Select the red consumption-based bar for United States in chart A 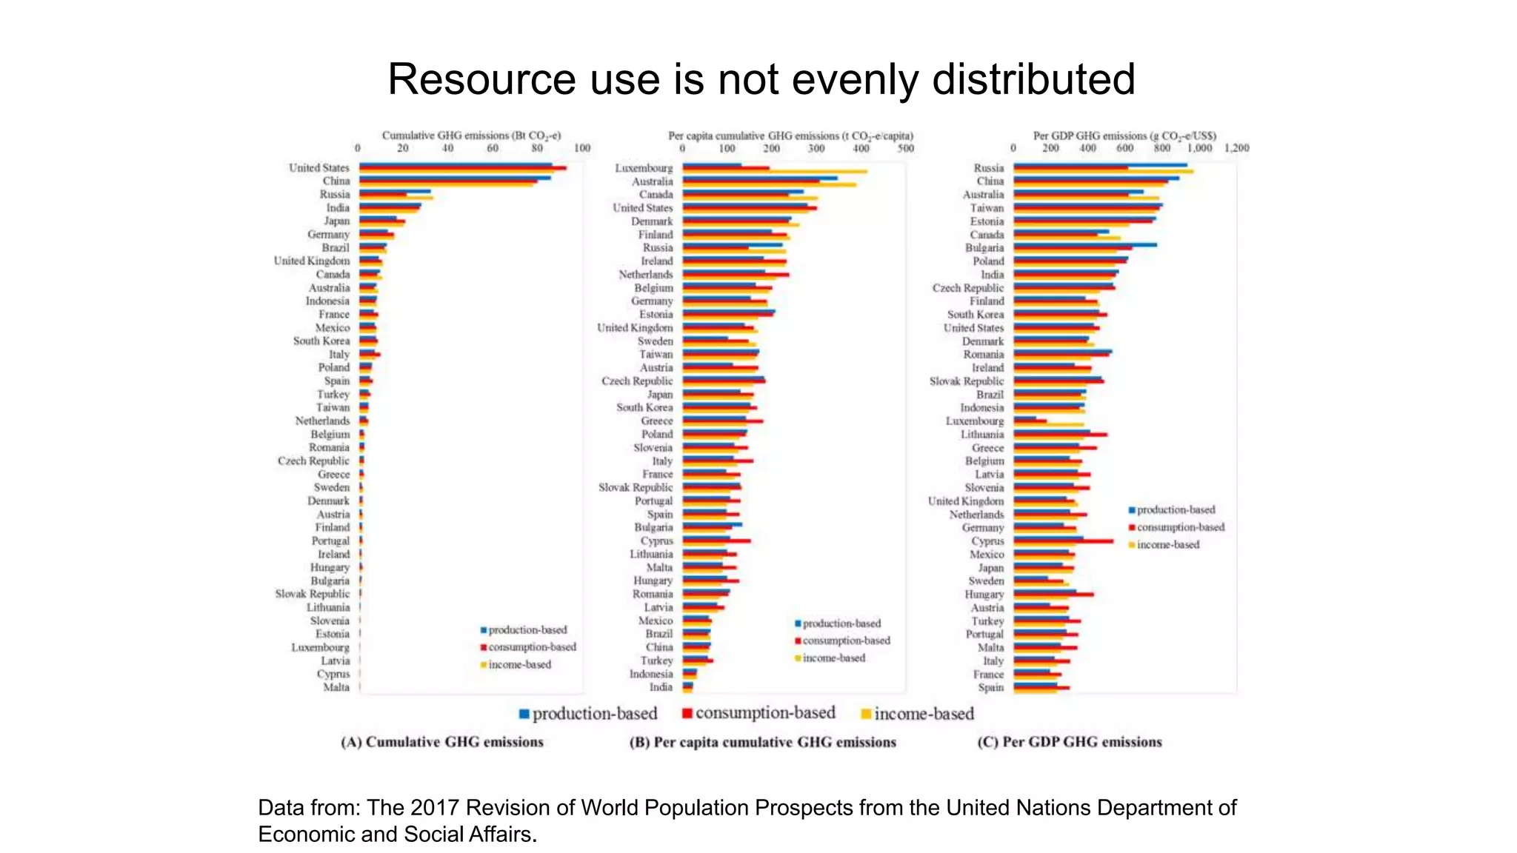pyautogui.click(x=463, y=168)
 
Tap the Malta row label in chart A pyautogui.click(x=336, y=687)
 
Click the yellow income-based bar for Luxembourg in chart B pyautogui.click(x=774, y=172)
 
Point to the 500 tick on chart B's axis pyautogui.click(x=905, y=148)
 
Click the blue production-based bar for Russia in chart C pyautogui.click(x=1100, y=164)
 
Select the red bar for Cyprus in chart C pyautogui.click(x=1064, y=541)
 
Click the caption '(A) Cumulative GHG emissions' pyautogui.click(x=442, y=742)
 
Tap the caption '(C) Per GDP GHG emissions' pyautogui.click(x=1069, y=742)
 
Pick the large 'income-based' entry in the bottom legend pyautogui.click(x=923, y=714)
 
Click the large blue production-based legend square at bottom pyautogui.click(x=524, y=714)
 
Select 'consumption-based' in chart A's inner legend pyautogui.click(x=532, y=647)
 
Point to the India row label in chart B pyautogui.click(x=661, y=687)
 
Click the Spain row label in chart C pyautogui.click(x=990, y=687)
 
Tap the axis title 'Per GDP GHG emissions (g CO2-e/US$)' pyautogui.click(x=1124, y=136)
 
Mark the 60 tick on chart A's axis pyautogui.click(x=493, y=148)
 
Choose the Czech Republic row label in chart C pyautogui.click(x=967, y=288)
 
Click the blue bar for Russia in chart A pyautogui.click(x=395, y=191)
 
